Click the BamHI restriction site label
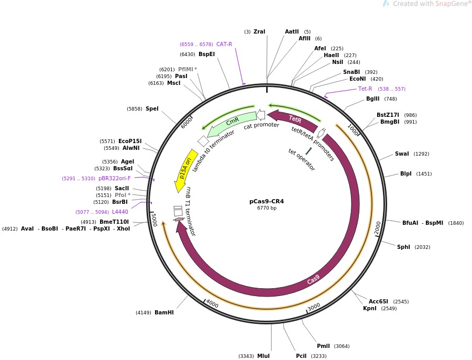pos(164,313)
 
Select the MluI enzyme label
pos(263,356)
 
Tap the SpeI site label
pos(152,109)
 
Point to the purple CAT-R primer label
pos(224,45)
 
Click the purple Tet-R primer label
pos(365,89)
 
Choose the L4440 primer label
pos(120,212)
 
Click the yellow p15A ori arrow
pos(184,170)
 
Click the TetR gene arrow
pos(293,120)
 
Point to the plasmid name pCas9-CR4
pos(267,201)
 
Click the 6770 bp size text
pos(267,209)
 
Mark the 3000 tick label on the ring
pos(313,307)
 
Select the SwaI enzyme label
pos(402,154)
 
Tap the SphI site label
pos(403,247)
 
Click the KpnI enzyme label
pos(370,309)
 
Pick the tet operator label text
pos(302,159)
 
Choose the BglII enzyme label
pos(373,99)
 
